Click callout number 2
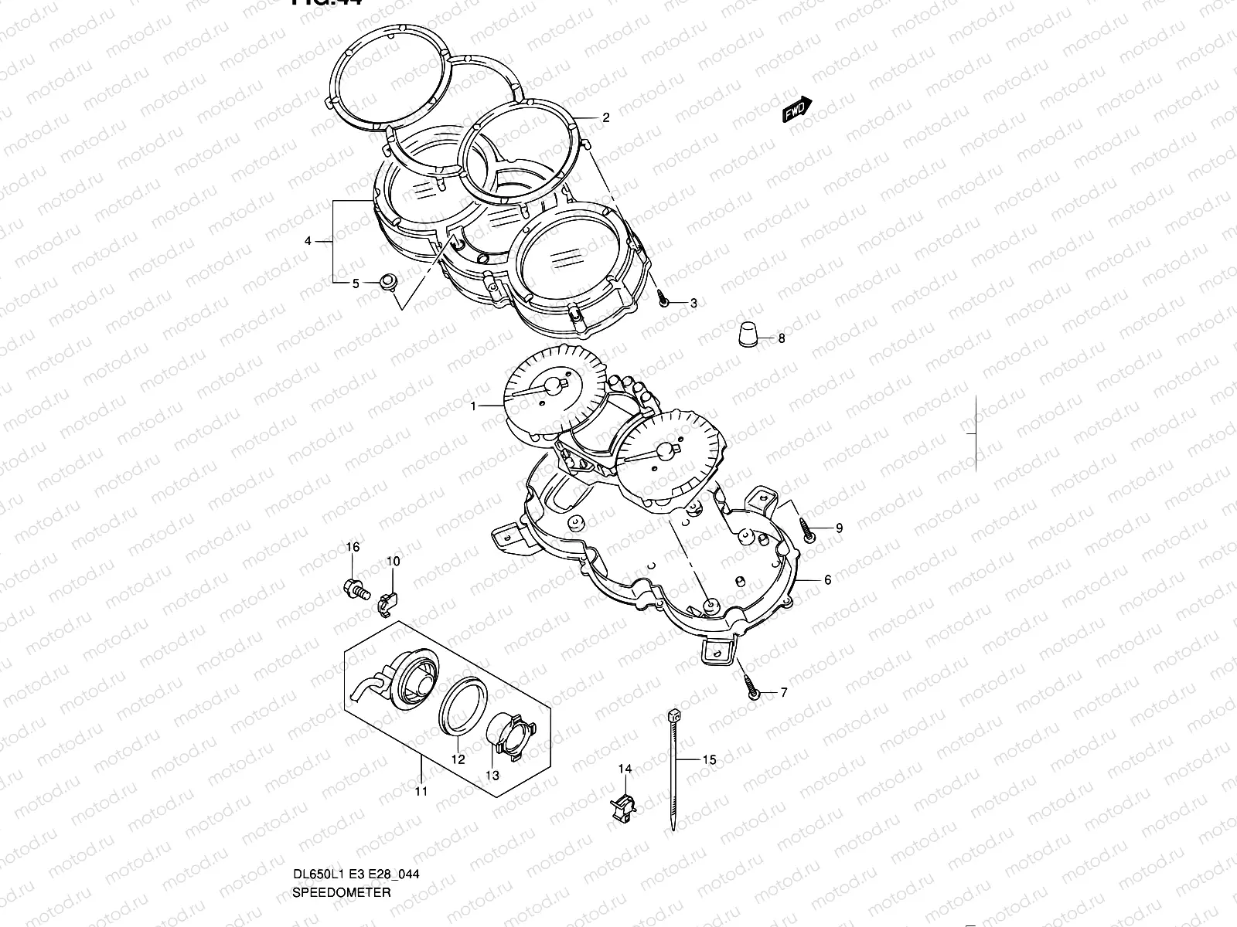tap(606, 118)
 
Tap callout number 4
tap(308, 242)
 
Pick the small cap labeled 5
tap(389, 281)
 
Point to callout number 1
tap(475, 405)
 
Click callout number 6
tap(827, 580)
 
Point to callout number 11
tap(421, 791)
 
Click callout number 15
tap(709, 760)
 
